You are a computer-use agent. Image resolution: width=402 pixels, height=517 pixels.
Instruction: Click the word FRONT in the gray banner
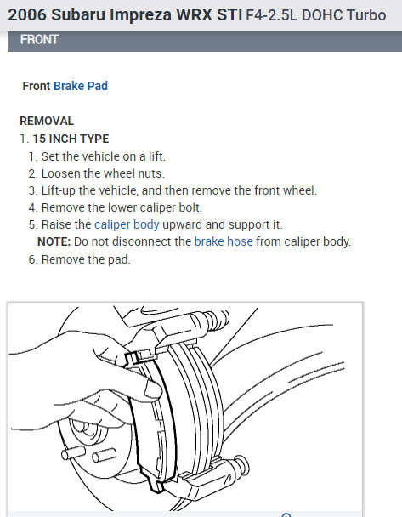click(x=39, y=40)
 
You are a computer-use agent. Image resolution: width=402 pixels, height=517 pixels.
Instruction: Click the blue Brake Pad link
click(x=81, y=86)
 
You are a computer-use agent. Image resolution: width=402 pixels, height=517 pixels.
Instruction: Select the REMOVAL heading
click(x=47, y=121)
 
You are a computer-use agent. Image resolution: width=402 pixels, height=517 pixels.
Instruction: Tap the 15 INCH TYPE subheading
click(x=71, y=139)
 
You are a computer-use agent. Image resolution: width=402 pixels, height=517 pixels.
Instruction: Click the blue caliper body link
click(x=127, y=224)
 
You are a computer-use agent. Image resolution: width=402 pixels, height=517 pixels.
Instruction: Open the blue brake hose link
click(x=224, y=241)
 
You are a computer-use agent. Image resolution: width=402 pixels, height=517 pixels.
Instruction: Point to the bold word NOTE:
click(x=54, y=241)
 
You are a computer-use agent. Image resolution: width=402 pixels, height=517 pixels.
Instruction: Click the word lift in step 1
click(x=156, y=156)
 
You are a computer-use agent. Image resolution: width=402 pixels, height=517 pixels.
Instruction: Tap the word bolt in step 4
click(x=190, y=207)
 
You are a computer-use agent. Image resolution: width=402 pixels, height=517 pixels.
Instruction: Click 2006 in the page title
click(x=27, y=14)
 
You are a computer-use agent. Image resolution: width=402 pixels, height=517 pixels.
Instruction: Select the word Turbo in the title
click(x=366, y=15)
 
